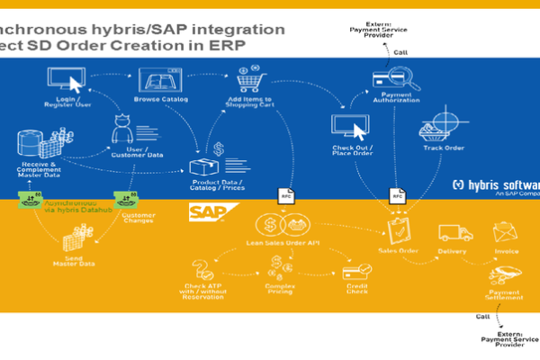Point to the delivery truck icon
(455, 232)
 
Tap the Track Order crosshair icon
(443, 121)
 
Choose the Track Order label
(443, 148)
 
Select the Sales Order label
(397, 251)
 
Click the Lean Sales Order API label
(283, 243)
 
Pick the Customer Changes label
(139, 219)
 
